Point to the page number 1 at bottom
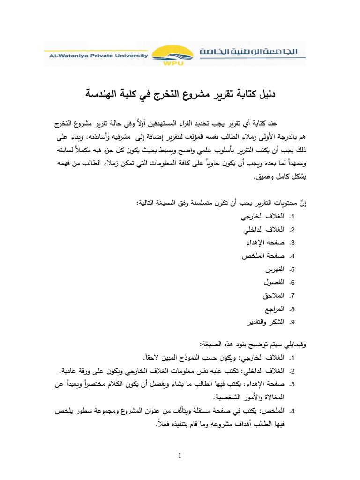coord(180,456)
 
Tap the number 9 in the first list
coord(292,322)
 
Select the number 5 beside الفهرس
coord(292,270)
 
